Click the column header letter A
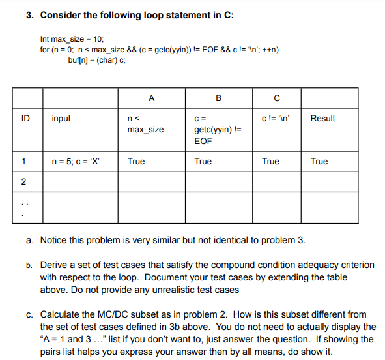pos(151,98)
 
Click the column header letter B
pos(218,98)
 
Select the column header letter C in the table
pos(277,98)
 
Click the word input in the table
pos(61,119)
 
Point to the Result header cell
pos(323,119)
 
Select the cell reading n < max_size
pos(145,124)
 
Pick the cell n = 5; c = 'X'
pos(76,161)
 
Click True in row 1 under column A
pos(136,161)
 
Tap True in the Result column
pos(319,161)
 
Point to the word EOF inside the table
pos(202,140)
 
